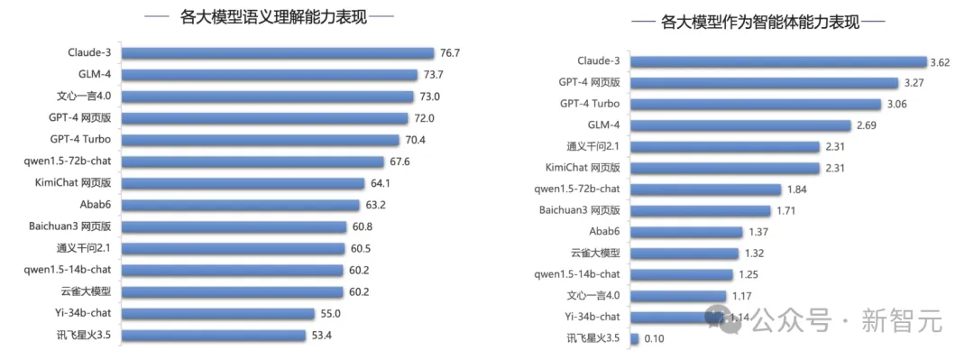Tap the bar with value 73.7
pos(271,75)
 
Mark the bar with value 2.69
pos(740,125)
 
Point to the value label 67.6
pos(401,162)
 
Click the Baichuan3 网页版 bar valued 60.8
pos(234,226)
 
